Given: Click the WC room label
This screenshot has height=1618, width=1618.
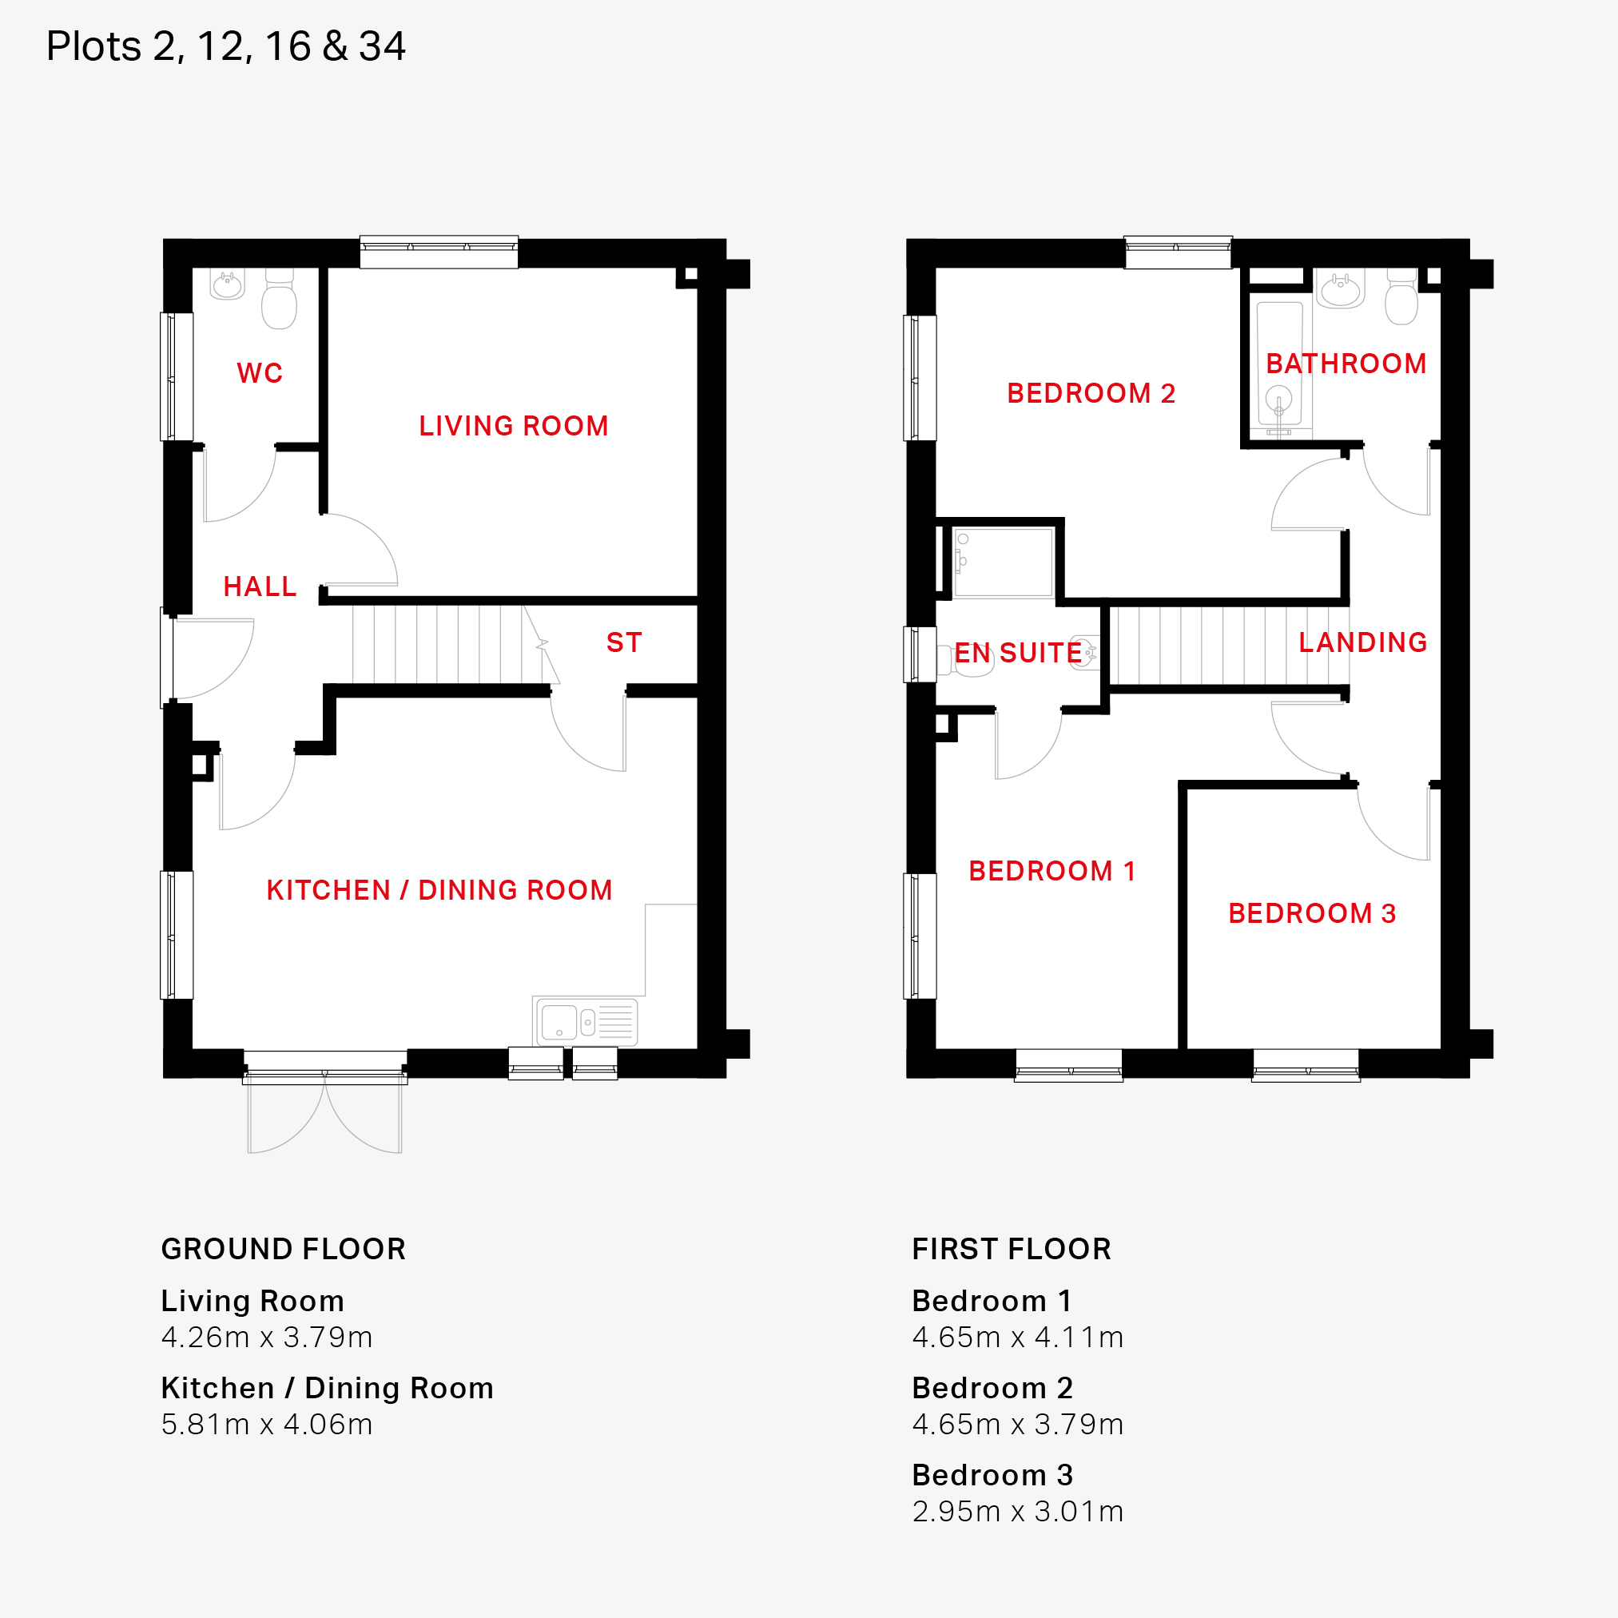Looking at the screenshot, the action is (260, 373).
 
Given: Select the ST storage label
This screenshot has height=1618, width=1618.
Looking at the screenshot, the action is (624, 642).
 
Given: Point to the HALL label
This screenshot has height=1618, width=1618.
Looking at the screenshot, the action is (260, 586).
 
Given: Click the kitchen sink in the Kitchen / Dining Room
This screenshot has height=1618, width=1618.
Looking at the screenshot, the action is (586, 1022).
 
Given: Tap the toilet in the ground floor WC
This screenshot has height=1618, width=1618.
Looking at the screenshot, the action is (279, 299).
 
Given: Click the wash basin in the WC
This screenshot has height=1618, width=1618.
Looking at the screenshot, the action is (227, 284).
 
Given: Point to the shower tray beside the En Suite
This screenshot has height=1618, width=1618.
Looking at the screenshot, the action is (1004, 562).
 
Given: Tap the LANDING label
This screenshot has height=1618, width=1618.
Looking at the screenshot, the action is (1362, 642).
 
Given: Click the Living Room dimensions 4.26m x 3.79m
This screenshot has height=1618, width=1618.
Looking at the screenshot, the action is (266, 1338).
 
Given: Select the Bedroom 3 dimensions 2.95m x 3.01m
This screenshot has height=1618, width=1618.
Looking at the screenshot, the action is (1017, 1512).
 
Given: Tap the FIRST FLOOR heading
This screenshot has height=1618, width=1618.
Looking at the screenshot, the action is (1011, 1250).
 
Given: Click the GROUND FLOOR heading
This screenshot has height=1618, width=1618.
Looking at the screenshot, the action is (283, 1250).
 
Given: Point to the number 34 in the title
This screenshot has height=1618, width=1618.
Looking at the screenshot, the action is (382, 46).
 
